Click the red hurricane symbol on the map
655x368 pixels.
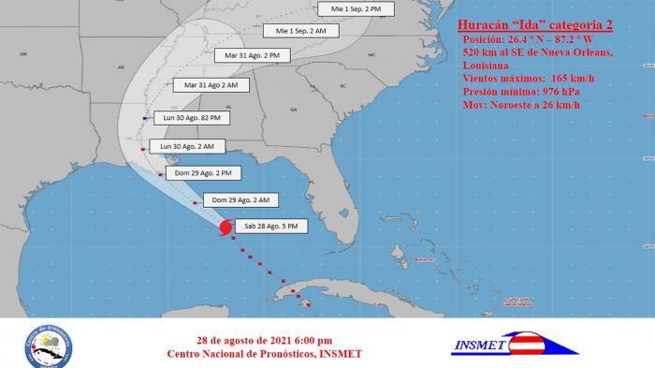click(226, 228)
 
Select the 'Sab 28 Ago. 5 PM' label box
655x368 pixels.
click(271, 227)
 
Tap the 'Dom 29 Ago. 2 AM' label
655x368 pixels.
click(240, 199)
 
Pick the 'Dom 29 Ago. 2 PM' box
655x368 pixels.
click(204, 173)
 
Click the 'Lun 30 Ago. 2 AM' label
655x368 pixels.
click(187, 147)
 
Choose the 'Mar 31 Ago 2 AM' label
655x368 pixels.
click(211, 85)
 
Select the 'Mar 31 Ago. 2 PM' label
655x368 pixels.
click(253, 55)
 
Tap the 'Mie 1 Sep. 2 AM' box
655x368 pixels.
click(295, 31)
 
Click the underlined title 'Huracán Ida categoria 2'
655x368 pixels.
click(534, 24)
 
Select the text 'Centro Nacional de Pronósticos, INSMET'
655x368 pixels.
click(264, 354)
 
